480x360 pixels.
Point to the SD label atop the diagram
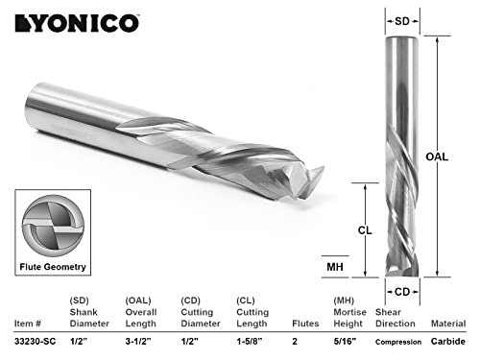[x=406, y=19]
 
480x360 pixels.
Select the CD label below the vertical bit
[x=406, y=291]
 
